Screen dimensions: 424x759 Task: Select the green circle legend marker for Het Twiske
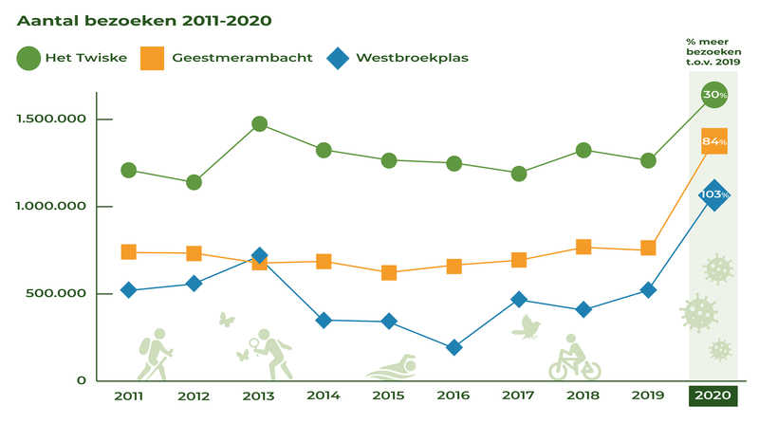28,59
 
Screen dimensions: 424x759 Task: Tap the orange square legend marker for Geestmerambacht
151,59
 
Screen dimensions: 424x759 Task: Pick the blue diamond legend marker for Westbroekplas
337,59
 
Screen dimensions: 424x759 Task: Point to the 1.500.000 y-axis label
49,120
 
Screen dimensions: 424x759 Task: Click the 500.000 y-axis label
56,294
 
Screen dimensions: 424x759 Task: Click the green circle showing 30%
713,95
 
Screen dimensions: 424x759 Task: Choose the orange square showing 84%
713,141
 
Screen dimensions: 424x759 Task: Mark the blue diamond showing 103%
713,195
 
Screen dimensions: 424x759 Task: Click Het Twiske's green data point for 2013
259,124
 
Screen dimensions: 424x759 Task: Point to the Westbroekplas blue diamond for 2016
454,347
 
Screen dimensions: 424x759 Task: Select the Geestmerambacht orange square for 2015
388,273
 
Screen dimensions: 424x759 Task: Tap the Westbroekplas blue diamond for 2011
128,290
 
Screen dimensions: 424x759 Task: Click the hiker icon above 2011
153,352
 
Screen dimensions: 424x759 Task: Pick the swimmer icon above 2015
392,366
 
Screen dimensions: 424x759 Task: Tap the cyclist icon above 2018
574,357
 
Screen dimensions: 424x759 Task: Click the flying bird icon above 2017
525,327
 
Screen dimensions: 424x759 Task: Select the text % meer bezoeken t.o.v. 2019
713,53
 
